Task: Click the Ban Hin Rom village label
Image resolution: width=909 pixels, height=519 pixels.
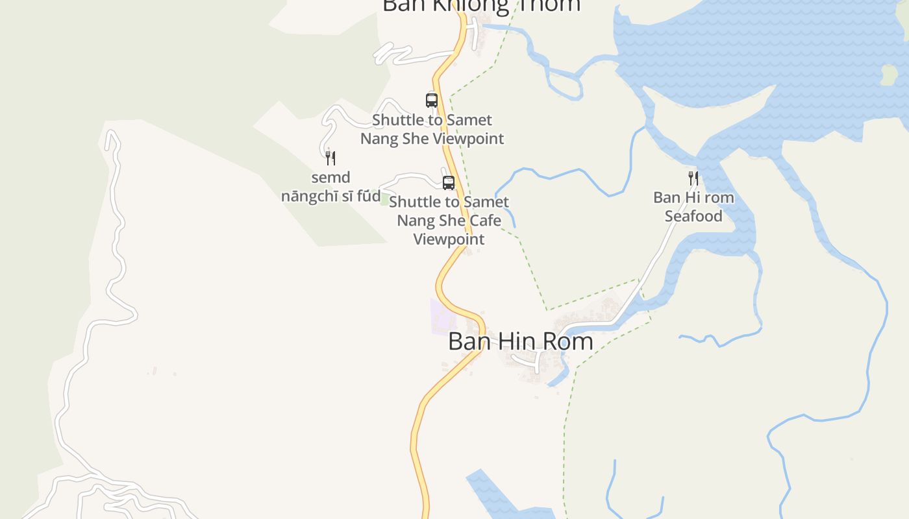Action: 520,341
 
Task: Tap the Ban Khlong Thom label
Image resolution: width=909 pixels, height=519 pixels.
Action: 481,5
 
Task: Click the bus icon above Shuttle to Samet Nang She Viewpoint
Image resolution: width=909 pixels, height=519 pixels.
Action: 432,100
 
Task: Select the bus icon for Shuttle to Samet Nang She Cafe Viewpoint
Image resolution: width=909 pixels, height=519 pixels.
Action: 449,182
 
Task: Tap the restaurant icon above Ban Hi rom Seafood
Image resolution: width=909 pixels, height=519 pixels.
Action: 693,178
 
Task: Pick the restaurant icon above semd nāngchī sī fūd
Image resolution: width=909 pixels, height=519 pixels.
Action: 330,158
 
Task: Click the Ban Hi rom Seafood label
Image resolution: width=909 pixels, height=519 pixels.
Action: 693,206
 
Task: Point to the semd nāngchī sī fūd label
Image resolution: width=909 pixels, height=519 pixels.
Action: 330,187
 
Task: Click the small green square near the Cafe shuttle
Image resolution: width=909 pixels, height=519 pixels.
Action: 384,200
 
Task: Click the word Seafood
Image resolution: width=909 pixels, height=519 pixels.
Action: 693,216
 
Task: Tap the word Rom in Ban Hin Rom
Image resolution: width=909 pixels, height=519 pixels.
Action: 564,341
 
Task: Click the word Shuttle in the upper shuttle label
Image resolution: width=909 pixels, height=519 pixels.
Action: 397,120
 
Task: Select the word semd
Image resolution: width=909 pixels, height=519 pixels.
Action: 330,177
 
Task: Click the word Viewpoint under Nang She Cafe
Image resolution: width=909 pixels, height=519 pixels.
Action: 449,239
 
